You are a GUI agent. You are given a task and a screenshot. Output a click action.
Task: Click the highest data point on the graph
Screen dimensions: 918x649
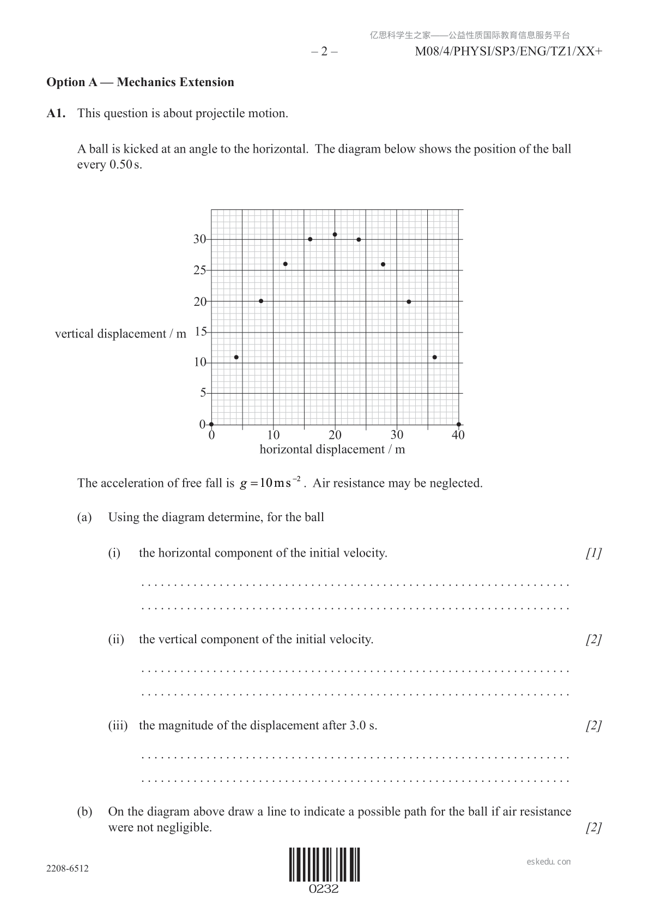point(335,234)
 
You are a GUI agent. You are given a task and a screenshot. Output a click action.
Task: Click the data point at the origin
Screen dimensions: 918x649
point(211,424)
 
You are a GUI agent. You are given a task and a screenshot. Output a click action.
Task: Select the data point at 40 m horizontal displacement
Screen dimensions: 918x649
point(459,424)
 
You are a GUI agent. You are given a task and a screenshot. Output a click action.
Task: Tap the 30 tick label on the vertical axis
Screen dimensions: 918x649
point(199,239)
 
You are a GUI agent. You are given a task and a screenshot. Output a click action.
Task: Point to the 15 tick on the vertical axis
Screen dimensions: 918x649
point(201,331)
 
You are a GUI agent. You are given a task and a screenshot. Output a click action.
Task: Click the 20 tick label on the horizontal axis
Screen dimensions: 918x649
point(335,435)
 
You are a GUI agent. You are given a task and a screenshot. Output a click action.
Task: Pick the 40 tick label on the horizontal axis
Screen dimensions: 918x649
point(458,435)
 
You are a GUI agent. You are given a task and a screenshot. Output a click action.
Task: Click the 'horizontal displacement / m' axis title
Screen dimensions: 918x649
point(332,450)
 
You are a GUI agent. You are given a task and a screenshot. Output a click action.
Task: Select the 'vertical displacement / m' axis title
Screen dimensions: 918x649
point(120,334)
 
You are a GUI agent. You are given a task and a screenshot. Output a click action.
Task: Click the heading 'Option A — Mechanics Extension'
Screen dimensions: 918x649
point(140,82)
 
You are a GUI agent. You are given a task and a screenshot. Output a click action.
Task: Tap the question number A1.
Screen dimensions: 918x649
point(56,113)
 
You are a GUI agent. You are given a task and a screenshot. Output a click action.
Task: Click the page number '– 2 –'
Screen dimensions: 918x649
point(324,52)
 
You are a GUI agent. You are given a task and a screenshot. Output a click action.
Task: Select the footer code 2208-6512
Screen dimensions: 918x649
point(68,868)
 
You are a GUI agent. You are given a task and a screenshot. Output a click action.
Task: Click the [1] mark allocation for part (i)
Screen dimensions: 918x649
point(593,553)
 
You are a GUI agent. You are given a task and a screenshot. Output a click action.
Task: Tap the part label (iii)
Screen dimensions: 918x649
point(118,726)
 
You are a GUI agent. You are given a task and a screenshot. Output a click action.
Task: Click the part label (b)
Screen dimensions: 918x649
point(84,812)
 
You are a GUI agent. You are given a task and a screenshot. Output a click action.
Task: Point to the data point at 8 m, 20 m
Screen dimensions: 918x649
point(261,301)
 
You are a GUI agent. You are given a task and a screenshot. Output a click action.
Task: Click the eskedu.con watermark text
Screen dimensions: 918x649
point(549,862)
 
